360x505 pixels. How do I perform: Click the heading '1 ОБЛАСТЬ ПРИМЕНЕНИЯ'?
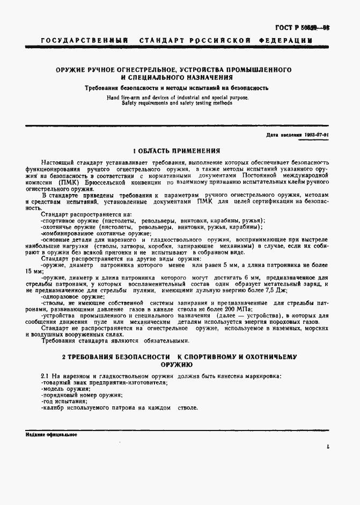[x=177, y=151]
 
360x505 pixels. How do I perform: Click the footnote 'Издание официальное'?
[x=52, y=435]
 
